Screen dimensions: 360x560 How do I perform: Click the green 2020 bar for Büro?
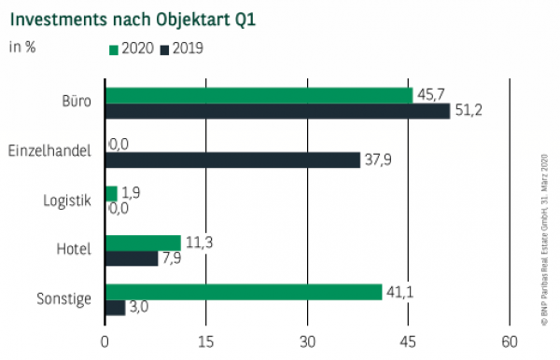[x=259, y=95]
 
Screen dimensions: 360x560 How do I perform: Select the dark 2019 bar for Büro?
[x=277, y=111]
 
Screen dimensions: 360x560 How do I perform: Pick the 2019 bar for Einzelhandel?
[x=232, y=159]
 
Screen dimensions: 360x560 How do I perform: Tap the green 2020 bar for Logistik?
[x=111, y=193]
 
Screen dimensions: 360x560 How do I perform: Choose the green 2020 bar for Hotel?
[x=143, y=242]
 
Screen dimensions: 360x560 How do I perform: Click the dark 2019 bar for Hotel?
[x=132, y=258]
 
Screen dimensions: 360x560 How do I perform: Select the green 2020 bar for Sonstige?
[x=244, y=292]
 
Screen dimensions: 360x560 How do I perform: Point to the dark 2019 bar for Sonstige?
[x=115, y=308]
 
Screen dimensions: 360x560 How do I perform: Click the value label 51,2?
[x=466, y=111]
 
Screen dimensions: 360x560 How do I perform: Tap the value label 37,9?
[x=376, y=159]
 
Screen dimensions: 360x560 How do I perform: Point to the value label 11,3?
[x=197, y=242]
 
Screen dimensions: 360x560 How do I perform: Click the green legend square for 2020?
[x=114, y=48]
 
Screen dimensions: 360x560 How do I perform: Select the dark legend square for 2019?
[x=167, y=48]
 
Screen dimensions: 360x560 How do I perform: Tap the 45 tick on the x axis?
[x=408, y=340]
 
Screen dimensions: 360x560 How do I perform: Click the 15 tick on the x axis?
[x=206, y=340]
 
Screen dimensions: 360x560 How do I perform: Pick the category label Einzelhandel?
[x=49, y=151]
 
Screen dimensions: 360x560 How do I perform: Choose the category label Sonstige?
[x=65, y=299]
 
